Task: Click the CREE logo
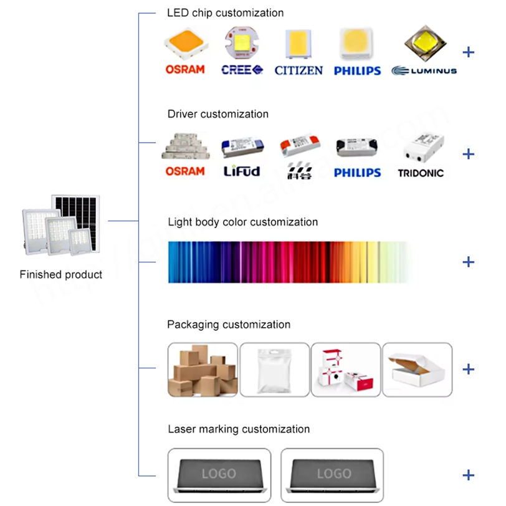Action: [x=242, y=70]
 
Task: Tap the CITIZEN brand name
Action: [x=298, y=70]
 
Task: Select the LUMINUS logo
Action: [x=424, y=70]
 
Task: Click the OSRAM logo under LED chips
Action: [x=184, y=70]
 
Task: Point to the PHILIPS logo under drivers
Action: [x=357, y=172]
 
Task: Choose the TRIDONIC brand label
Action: [x=421, y=172]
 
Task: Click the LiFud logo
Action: [x=242, y=171]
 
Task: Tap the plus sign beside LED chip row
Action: [x=468, y=52]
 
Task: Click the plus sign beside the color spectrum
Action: [x=468, y=262]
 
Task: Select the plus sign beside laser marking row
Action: [x=468, y=475]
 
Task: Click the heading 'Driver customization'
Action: [x=218, y=114]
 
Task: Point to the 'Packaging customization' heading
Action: [x=229, y=325]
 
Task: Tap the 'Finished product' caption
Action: [x=61, y=274]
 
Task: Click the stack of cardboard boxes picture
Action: [x=203, y=370]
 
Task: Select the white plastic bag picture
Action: [x=274, y=370]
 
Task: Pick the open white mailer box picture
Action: [x=417, y=370]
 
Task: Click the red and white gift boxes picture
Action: [x=345, y=370]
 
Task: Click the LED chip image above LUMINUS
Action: [x=426, y=42]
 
